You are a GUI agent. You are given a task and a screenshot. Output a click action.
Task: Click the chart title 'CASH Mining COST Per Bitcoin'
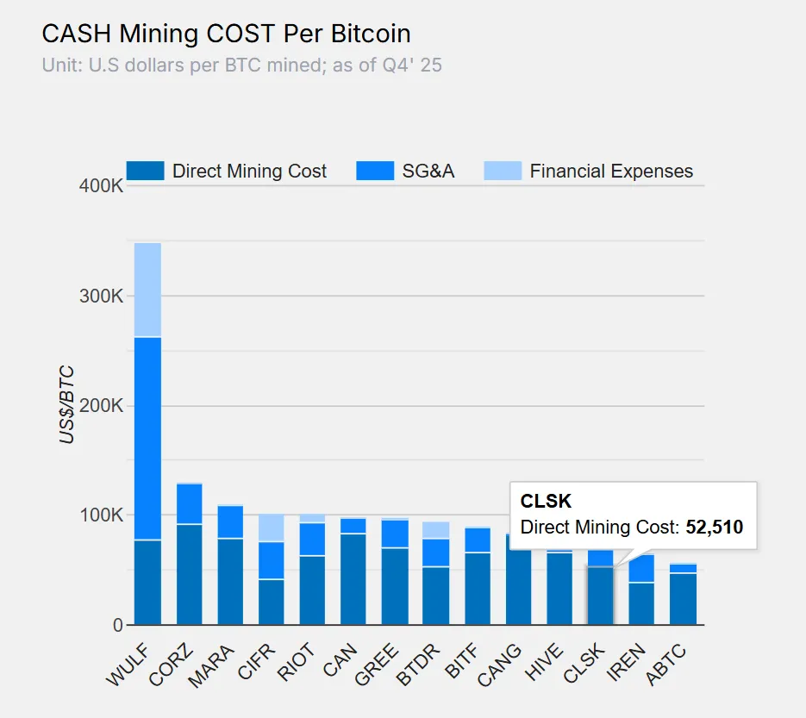(x=226, y=34)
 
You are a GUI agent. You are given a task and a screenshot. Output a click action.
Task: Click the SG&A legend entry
(x=405, y=171)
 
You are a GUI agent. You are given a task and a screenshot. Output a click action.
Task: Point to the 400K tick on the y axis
(x=101, y=185)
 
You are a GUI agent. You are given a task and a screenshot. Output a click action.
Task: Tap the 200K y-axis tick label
(x=101, y=405)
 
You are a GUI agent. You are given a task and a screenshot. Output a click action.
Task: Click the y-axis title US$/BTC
(x=67, y=405)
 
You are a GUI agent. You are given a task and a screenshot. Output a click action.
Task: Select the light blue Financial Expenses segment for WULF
(x=147, y=289)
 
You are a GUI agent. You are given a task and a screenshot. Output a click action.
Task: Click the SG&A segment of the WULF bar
(x=147, y=438)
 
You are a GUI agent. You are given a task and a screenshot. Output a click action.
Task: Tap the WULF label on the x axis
(x=127, y=664)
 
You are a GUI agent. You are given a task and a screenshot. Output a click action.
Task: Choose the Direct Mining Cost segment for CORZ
(x=189, y=574)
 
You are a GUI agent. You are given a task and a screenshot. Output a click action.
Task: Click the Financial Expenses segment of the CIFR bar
(x=272, y=528)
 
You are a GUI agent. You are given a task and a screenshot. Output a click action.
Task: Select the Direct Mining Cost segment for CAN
(x=353, y=579)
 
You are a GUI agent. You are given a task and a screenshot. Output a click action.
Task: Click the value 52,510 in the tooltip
(x=714, y=527)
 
